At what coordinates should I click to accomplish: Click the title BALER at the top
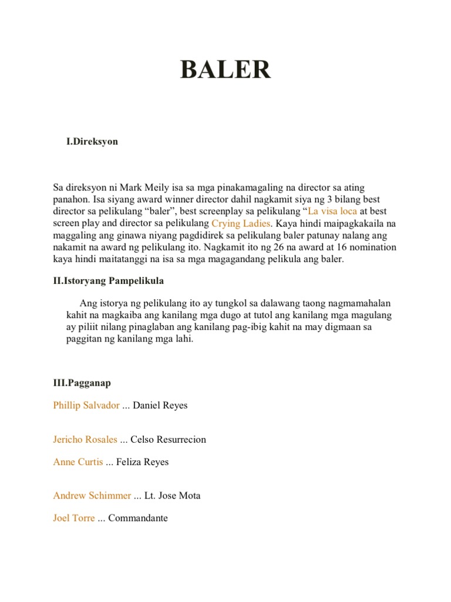[225, 70]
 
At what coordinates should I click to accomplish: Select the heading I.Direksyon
[92, 142]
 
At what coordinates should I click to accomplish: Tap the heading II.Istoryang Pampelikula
[109, 280]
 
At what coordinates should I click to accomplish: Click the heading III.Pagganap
[82, 383]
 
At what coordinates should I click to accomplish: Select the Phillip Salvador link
[86, 406]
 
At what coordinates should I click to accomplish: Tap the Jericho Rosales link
[85, 440]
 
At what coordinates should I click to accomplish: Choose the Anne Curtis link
[78, 462]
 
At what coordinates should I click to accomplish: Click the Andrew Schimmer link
[92, 496]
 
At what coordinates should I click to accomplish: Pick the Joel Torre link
[74, 518]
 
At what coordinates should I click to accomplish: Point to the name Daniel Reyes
[160, 406]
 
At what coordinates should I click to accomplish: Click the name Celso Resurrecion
[169, 440]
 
